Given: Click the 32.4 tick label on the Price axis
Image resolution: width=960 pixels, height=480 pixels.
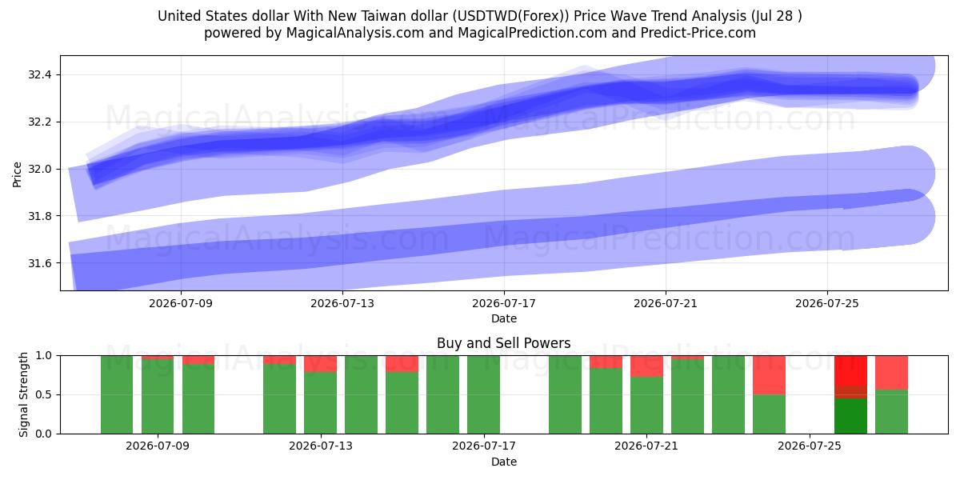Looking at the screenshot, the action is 39,75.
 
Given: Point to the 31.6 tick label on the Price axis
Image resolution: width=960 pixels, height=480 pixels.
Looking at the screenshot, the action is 39,263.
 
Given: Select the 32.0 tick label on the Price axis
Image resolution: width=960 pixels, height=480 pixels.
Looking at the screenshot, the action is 39,169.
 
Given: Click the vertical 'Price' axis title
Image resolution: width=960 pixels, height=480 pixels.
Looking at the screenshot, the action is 17,174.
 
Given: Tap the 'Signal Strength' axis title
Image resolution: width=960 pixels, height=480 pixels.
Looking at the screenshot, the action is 23,394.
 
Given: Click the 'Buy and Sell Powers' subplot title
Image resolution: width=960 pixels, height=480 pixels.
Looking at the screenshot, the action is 503,343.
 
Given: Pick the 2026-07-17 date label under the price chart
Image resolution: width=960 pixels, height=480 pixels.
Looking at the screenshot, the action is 504,303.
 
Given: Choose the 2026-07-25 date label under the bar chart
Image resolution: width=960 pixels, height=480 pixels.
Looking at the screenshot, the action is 810,446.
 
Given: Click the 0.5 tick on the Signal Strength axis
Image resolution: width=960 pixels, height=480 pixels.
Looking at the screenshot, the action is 44,394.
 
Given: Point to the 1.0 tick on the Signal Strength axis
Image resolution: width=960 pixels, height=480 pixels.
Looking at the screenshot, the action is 44,355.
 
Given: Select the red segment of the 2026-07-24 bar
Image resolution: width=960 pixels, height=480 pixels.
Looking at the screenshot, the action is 770,375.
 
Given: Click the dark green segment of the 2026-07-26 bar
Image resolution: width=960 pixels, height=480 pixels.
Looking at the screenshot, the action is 850,416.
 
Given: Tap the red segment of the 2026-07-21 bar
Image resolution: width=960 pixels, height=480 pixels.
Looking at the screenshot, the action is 646,366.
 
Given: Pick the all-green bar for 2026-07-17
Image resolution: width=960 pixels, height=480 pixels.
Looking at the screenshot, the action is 483,394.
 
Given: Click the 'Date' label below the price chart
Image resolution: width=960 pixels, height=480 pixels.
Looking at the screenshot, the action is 504,318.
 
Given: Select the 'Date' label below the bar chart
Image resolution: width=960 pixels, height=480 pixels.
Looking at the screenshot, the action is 504,462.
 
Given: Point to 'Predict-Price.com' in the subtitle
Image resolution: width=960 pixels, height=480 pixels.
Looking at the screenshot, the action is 698,33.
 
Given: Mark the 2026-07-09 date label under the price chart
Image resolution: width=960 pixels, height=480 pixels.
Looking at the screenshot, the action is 181,303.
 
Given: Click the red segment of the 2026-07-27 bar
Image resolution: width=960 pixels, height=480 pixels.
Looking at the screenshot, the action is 891,373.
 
